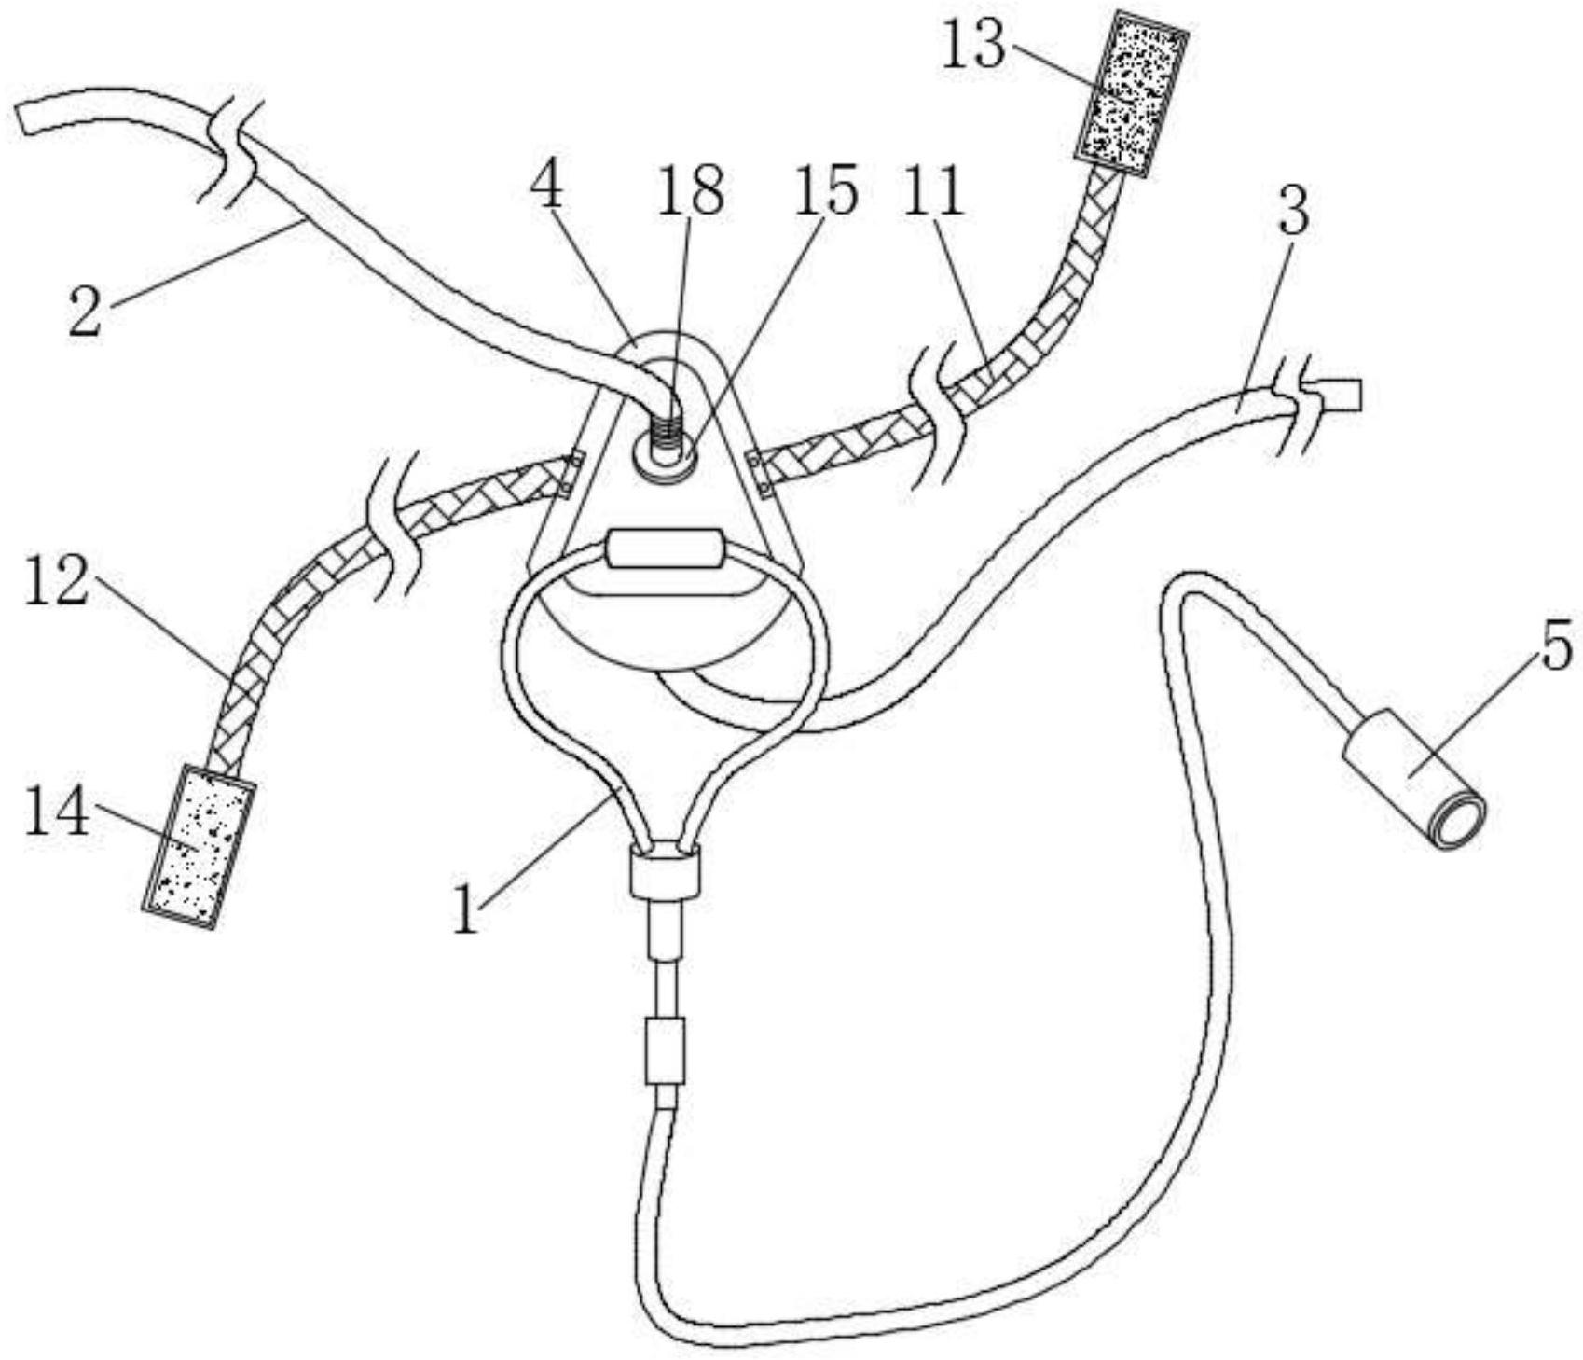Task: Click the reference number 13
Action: [x=975, y=44]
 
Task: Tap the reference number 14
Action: [x=57, y=811]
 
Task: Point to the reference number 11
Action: [x=935, y=195]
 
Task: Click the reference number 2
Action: [x=85, y=312]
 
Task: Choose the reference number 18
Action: [x=691, y=191]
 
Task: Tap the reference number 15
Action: [x=824, y=191]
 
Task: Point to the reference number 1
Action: [x=465, y=909]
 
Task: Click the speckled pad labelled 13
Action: [x=1132, y=93]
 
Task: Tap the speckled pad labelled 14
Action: [x=199, y=847]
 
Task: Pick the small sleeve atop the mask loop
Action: [x=665, y=548]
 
